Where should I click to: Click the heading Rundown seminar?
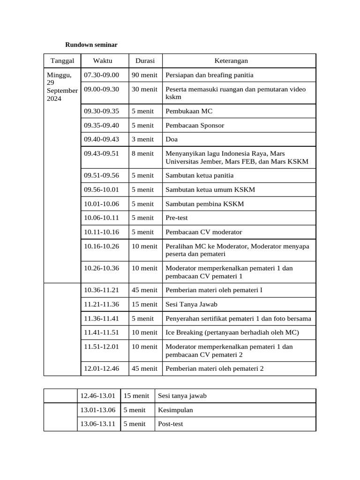(x=91, y=45)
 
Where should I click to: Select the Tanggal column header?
(x=62, y=61)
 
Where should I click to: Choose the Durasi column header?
(x=145, y=61)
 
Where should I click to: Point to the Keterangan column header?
(x=231, y=61)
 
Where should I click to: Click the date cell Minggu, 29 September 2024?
(x=62, y=87)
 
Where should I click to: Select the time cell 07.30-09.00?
(x=102, y=75)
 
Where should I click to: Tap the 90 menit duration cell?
(x=144, y=75)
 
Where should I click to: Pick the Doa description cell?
(x=172, y=140)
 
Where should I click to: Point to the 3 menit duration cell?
(x=142, y=140)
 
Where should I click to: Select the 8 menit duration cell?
(x=142, y=154)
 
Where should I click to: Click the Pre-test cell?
(x=176, y=218)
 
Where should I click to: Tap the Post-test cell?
(x=171, y=424)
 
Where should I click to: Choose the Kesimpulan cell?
(x=175, y=410)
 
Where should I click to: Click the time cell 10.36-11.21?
(x=102, y=290)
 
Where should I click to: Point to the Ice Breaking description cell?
(x=232, y=332)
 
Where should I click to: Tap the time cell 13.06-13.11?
(x=98, y=424)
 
